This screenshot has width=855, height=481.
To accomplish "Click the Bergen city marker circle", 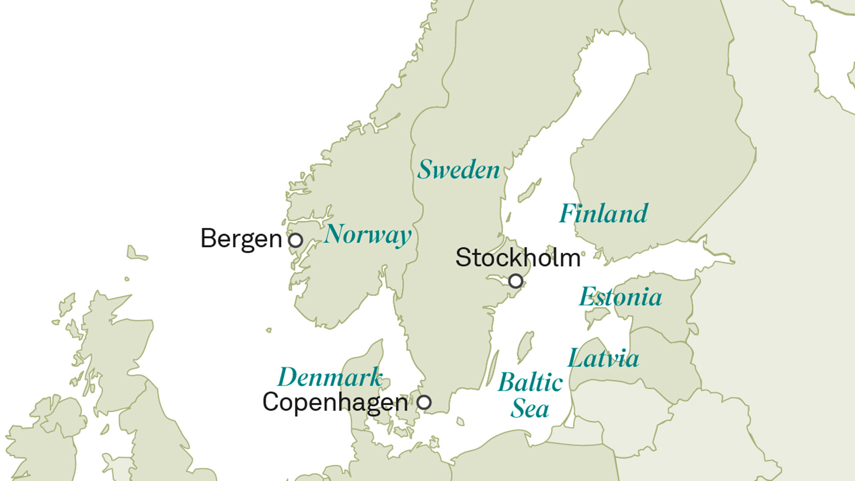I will tap(295, 240).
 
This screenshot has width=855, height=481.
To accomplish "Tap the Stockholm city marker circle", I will tap(516, 281).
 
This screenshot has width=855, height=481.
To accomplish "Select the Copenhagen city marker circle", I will tap(424, 402).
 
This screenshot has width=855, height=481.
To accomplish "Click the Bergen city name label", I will tap(241, 239).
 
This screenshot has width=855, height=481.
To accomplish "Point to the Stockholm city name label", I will tap(518, 257).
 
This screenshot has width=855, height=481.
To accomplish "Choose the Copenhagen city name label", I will tap(335, 403).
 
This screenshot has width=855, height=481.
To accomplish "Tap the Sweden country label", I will tap(459, 170).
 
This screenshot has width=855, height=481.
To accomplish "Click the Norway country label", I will tap(368, 235).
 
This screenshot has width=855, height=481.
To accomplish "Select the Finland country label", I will tap(603, 213).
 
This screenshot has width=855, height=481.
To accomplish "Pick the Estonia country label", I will tap(620, 297).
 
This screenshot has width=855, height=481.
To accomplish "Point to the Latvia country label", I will tap(603, 358).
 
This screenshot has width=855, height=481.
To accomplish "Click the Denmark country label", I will tap(330, 378).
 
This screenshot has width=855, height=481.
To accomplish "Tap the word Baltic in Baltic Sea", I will tap(530, 383).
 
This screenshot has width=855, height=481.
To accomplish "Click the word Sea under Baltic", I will tap(529, 409).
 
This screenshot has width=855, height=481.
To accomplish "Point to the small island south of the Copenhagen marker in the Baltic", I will tap(460, 421).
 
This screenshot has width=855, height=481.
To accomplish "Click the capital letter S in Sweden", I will tap(425, 169).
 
